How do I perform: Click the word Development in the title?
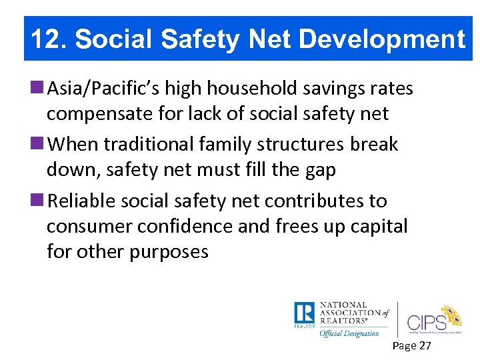pyautogui.click(x=382, y=39)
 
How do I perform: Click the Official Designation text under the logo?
pyautogui.click(x=349, y=333)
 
